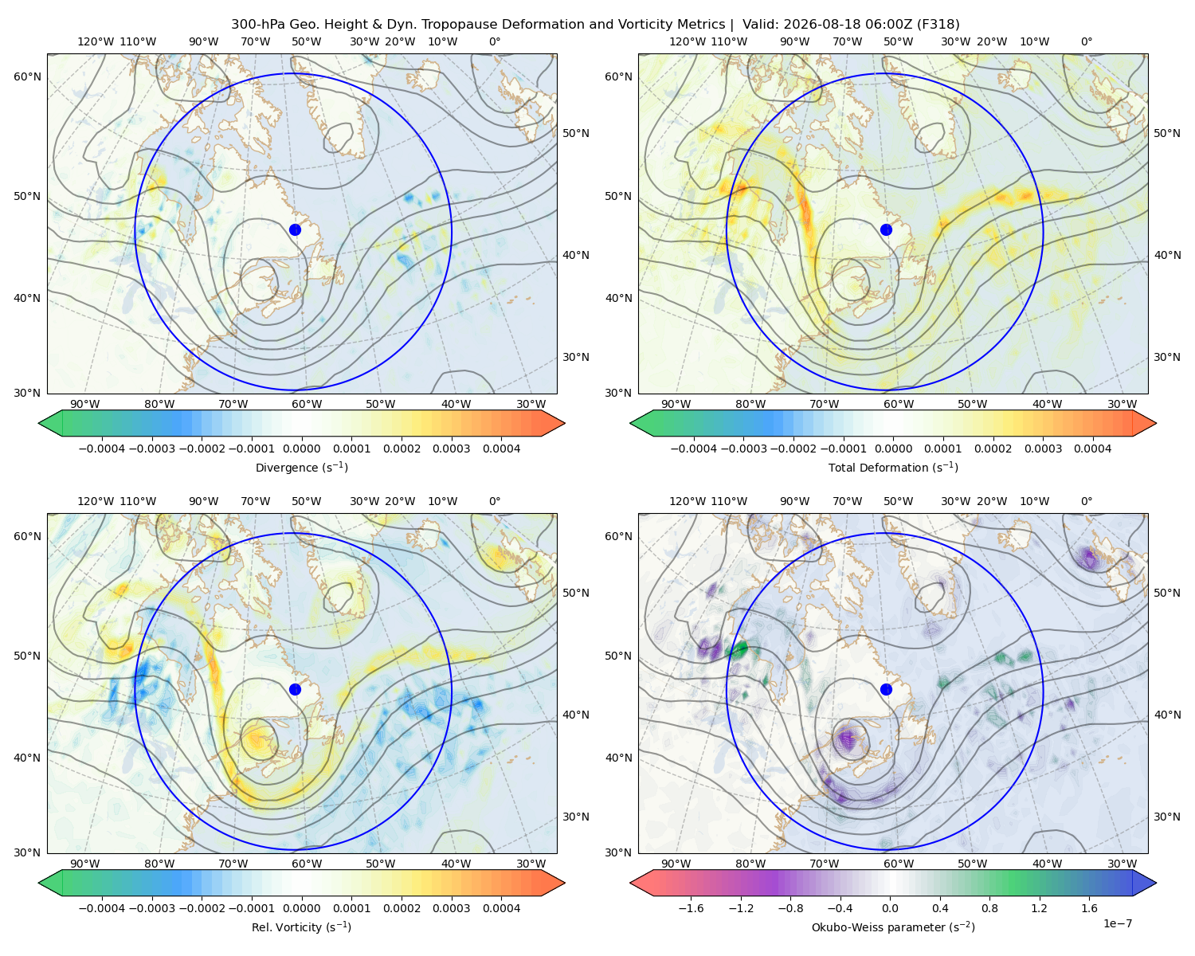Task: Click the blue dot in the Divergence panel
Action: point(295,229)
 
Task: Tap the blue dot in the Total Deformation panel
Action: point(886,229)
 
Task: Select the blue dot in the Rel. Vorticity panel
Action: point(295,689)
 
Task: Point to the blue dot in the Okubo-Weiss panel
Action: point(886,689)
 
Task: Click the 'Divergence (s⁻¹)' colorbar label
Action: point(301,468)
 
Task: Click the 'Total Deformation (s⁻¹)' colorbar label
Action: point(893,468)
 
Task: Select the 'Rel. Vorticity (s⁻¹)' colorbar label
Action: point(301,927)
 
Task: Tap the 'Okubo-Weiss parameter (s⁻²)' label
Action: point(893,927)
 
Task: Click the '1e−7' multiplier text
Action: point(1117,923)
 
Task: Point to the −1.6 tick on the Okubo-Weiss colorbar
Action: point(691,908)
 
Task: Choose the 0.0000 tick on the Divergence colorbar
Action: point(301,449)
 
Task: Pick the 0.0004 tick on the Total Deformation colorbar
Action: point(1093,449)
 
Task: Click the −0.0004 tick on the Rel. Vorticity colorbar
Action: point(102,908)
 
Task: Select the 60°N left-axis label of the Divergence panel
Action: point(27,76)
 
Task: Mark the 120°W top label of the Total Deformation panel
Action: point(688,41)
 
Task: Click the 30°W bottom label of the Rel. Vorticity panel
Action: point(531,864)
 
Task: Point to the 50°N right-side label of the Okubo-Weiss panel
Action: point(1167,593)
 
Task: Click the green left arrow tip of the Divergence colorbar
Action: point(39,423)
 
